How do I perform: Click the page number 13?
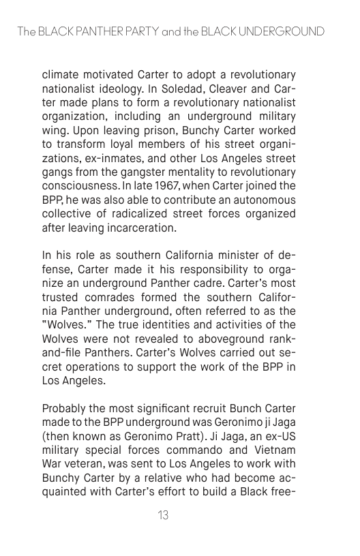[x=163, y=516]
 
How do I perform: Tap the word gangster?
[x=148, y=172]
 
